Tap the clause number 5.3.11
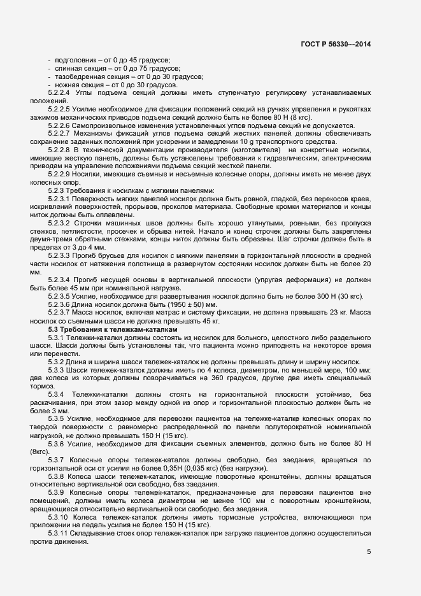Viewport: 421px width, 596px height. (x=59, y=532)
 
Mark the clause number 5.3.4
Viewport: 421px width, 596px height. (x=57, y=395)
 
